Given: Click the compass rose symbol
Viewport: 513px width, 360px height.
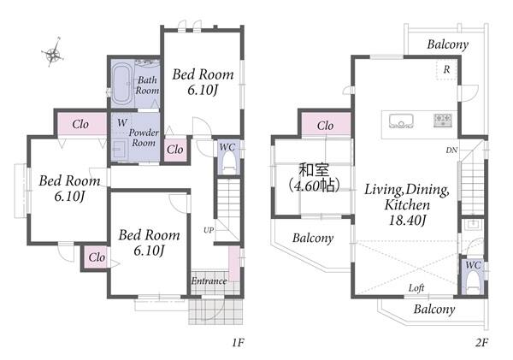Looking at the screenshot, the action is point(53,53).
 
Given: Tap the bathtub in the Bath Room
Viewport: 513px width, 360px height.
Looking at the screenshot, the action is point(122,84).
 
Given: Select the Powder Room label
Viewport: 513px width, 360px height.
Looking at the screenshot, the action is point(144,138).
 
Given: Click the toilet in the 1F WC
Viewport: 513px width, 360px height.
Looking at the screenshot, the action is point(229,163).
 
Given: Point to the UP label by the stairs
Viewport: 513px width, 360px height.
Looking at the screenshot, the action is point(209,230).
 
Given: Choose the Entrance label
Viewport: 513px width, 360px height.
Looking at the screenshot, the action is point(209,280).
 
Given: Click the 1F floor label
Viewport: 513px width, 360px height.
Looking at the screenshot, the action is point(239,343).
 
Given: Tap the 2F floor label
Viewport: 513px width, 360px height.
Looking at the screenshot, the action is point(481,343).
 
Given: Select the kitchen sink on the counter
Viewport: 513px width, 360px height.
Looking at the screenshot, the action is point(401,121).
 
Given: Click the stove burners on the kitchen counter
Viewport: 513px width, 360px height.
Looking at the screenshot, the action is point(443,120).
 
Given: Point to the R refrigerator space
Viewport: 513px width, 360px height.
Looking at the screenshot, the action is point(446,69).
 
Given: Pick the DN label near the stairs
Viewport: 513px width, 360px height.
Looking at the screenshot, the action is point(451,150).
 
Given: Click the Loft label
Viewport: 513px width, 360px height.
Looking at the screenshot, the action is point(416,287).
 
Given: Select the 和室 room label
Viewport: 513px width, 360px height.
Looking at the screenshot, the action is point(315,170).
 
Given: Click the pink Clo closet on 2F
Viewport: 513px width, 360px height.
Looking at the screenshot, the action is point(326,124).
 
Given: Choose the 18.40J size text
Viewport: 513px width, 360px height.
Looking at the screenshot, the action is point(407,220).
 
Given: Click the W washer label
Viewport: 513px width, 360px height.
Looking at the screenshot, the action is point(122,123).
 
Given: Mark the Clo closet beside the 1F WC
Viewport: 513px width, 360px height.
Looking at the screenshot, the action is point(175,150).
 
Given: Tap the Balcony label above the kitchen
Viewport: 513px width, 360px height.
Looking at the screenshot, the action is point(447,44).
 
